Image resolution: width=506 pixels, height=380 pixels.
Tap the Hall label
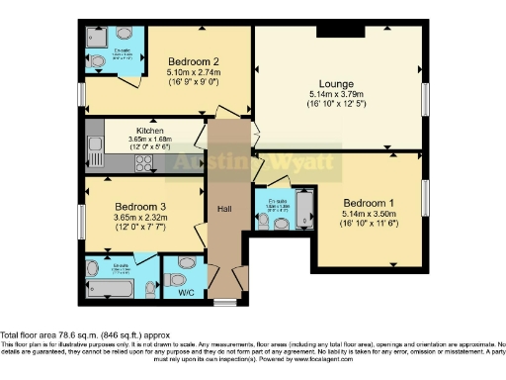click(x=223, y=209)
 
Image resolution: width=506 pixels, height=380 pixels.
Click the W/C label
click(x=186, y=292)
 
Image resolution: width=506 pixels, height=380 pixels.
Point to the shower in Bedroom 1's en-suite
click(x=302, y=210)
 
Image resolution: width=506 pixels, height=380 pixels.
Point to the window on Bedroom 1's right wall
click(x=428, y=198)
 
